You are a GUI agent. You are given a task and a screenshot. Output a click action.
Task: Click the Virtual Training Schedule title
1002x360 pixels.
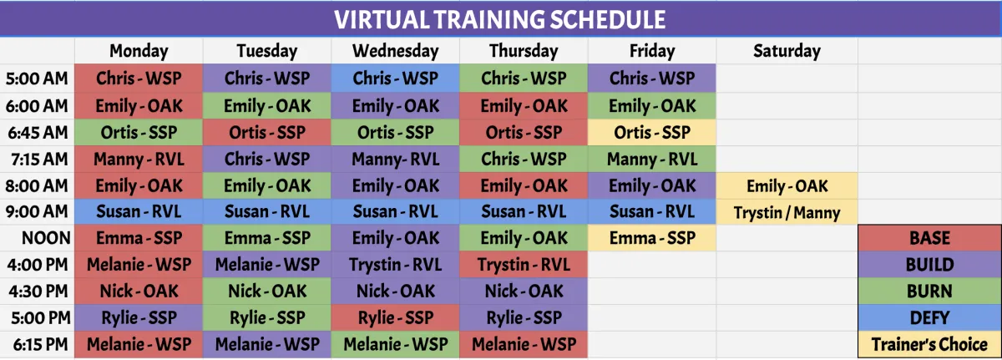pos(499,19)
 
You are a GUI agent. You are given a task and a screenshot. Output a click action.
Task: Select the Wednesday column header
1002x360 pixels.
pos(396,51)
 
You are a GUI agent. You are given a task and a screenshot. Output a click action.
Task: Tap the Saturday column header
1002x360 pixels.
pos(787,51)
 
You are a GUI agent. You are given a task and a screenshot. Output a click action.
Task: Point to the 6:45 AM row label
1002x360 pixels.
pos(38,132)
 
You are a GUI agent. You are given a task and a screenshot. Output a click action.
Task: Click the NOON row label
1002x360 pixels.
pos(46,238)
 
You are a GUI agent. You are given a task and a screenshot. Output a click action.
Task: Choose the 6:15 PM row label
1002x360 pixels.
pos(40,344)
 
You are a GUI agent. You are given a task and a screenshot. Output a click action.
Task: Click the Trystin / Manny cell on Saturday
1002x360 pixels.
pos(787,212)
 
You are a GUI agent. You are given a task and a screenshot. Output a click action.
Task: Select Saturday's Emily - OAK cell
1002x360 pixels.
pos(787,185)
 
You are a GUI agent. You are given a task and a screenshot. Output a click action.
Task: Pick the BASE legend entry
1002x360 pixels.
pos(929,238)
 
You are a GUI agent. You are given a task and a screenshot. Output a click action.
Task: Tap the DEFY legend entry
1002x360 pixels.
pos(929,318)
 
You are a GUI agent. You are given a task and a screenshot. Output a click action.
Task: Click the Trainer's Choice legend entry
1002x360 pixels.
pos(929,344)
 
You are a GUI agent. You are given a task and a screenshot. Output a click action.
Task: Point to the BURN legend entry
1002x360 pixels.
pos(929,292)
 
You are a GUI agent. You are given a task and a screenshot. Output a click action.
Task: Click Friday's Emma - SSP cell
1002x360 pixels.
pos(652,238)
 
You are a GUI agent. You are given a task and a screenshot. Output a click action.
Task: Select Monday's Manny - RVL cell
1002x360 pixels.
pos(139,160)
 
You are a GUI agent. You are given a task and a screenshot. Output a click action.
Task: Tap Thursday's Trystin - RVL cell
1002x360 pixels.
pos(524,264)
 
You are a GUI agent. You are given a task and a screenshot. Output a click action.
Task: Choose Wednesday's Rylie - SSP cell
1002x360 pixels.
pos(396,318)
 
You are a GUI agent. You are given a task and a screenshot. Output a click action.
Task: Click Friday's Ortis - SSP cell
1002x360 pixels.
pos(652,132)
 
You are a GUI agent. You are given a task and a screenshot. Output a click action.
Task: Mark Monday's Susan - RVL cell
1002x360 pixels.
pos(139,211)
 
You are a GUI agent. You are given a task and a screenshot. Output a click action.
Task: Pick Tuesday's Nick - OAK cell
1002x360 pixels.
pos(267,292)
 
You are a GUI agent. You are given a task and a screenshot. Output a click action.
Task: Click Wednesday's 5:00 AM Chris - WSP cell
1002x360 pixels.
pos(396,79)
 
